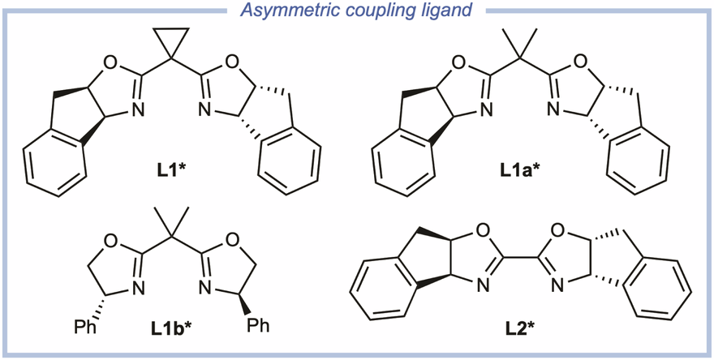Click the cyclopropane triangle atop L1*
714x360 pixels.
coord(170,40)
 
